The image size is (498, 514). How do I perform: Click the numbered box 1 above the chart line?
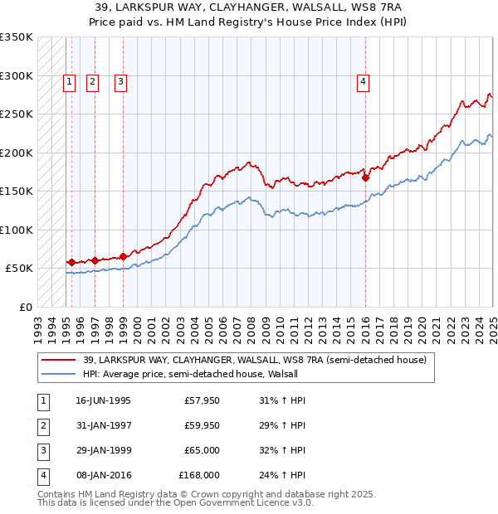(x=68, y=81)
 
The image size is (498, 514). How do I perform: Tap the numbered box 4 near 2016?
(x=364, y=81)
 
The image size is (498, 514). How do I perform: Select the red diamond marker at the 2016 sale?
(x=366, y=177)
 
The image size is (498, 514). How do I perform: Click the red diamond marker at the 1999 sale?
(x=124, y=256)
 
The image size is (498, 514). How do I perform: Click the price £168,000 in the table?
(x=199, y=475)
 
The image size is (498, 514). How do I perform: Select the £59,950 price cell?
(x=202, y=425)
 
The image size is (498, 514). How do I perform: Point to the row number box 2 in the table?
(x=43, y=425)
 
